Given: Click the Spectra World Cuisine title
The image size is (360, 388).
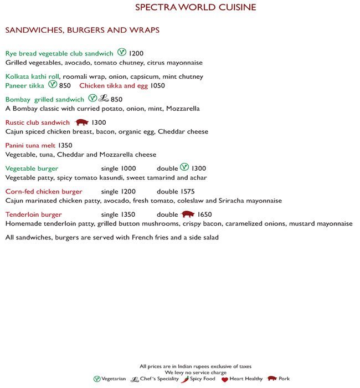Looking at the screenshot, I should click(196, 7).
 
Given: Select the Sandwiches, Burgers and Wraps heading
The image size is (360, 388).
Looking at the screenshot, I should click(82, 30).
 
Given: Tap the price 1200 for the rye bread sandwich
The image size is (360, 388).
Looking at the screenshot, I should click(136, 54).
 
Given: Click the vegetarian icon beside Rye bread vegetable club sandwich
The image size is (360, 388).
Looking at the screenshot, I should click(122, 53).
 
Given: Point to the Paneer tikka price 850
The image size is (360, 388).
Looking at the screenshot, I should click(65, 86).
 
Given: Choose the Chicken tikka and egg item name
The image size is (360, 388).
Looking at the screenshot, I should click(114, 86).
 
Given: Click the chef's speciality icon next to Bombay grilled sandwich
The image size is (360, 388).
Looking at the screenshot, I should click(104, 99).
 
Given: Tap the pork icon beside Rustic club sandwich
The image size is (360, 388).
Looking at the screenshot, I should click(81, 122).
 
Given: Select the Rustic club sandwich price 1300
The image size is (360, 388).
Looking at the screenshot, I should click(99, 122).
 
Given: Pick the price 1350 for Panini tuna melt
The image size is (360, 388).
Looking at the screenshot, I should click(65, 145).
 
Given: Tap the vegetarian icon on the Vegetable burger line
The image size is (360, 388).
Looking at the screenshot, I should click(184, 167).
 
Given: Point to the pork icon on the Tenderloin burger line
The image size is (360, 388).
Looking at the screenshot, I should click(188, 215).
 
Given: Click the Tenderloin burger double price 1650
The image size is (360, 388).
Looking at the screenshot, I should click(205, 215).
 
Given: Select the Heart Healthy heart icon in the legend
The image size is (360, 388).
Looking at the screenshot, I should click(224, 379).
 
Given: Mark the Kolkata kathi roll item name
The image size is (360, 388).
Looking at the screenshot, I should click(32, 76).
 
